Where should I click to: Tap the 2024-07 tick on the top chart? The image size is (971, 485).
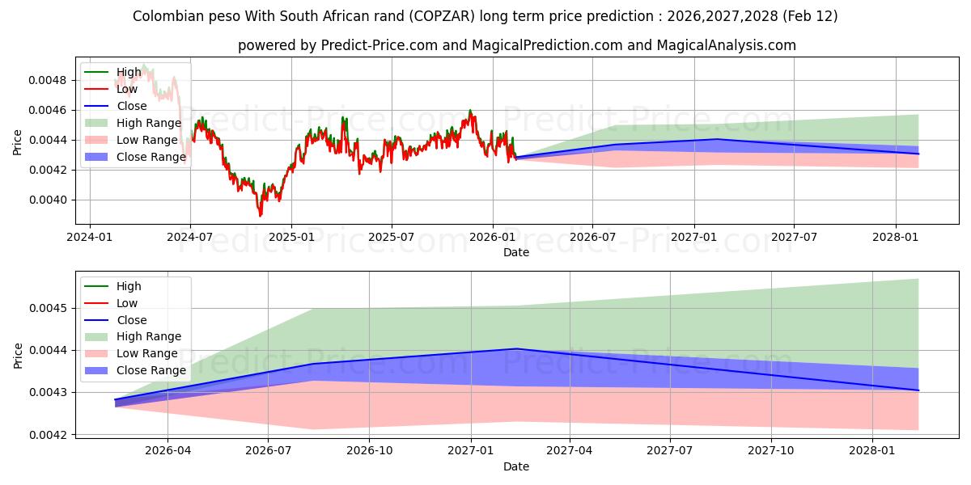click(190, 237)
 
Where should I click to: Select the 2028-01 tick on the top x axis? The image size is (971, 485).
click(896, 237)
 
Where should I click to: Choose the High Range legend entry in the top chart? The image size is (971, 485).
click(149, 123)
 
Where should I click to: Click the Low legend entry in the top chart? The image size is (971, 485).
click(127, 89)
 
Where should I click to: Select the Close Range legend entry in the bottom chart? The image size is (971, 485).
click(151, 370)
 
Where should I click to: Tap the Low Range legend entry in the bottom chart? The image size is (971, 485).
click(147, 353)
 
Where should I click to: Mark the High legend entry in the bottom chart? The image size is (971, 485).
click(129, 286)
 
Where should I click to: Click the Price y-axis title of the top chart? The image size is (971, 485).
click(18, 142)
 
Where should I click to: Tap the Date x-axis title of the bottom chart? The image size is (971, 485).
click(516, 466)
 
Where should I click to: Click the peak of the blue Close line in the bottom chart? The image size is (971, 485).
click(516, 348)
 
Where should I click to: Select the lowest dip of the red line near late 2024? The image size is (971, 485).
click(260, 216)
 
